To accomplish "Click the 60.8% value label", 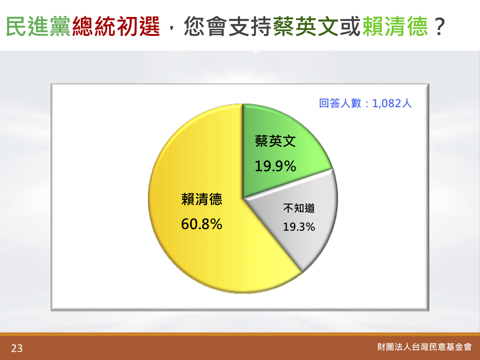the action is [202, 224].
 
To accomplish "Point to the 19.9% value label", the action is [275, 166].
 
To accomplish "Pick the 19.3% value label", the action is [299, 227].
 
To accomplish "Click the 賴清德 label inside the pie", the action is [202, 199].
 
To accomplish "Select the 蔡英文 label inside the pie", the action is [275, 141].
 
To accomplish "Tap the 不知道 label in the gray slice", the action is [299, 208].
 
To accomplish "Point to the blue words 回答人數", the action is [340, 103].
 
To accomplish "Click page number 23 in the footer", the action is [17, 348].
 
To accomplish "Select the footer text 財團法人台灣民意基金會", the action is [424, 347].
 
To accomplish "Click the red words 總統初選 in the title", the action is [116, 26].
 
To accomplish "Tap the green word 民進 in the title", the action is [27, 26].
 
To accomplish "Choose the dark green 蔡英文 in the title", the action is [306, 26].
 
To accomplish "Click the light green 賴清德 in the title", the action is [395, 26].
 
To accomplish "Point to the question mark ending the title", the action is [440, 26].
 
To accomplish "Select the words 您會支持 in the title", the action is [228, 26].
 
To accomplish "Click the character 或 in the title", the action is [350, 26].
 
